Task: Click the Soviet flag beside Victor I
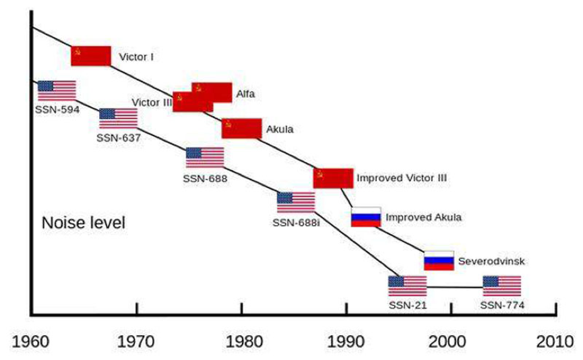point(91,56)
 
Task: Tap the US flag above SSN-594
point(57,90)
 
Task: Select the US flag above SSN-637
point(118,118)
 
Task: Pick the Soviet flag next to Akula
point(241,128)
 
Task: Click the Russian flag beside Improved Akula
point(366,217)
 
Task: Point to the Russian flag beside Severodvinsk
point(439,260)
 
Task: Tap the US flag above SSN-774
point(501,286)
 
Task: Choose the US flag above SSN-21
point(407,286)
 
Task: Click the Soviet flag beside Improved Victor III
point(333,178)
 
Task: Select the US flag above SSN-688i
point(296,202)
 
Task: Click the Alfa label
point(245,94)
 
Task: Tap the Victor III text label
point(152,102)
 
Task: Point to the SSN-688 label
point(205,179)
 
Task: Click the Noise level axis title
point(84,222)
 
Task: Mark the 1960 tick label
point(31,338)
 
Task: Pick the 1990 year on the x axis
point(346,338)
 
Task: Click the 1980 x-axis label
point(241,338)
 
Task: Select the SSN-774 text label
point(502,305)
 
